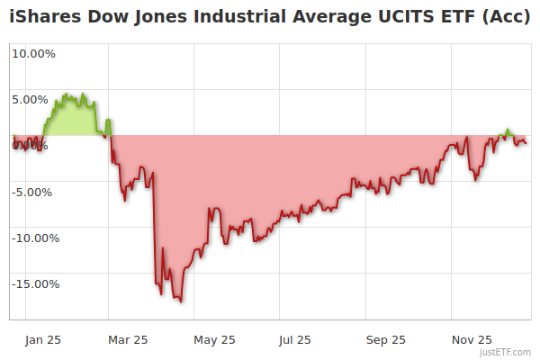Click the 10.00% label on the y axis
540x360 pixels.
[x=33, y=53]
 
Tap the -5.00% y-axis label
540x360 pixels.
[x=33, y=192]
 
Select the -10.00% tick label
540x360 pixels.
[x=36, y=238]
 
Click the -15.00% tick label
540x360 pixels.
[x=36, y=283]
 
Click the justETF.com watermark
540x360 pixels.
[x=506, y=352]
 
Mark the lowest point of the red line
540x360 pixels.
[x=181, y=301]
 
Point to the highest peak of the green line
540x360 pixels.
[x=78, y=94]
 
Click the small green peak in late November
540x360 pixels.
[x=508, y=130]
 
